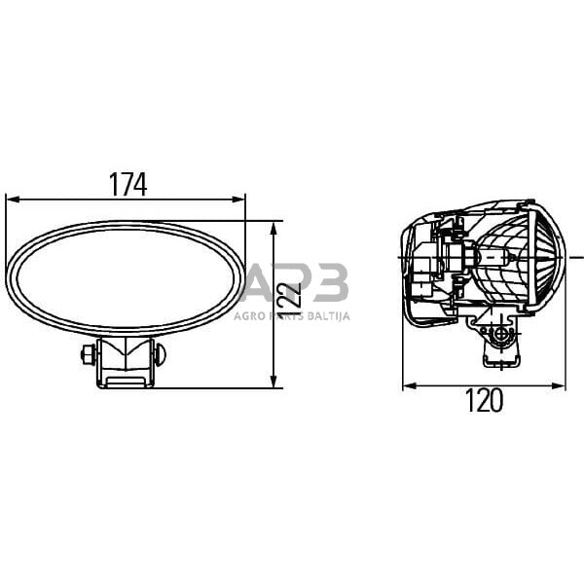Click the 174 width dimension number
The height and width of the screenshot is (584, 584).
click(x=128, y=183)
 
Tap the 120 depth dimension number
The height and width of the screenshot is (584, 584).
click(x=484, y=399)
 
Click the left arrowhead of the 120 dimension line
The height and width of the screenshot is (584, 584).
click(x=408, y=385)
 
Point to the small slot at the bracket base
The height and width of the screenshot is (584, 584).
click(x=125, y=381)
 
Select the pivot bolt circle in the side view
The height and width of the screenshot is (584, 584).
click(x=501, y=334)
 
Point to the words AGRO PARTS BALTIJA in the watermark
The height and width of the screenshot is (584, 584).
click(x=292, y=315)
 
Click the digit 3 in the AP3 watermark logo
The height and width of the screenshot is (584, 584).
click(x=330, y=284)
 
